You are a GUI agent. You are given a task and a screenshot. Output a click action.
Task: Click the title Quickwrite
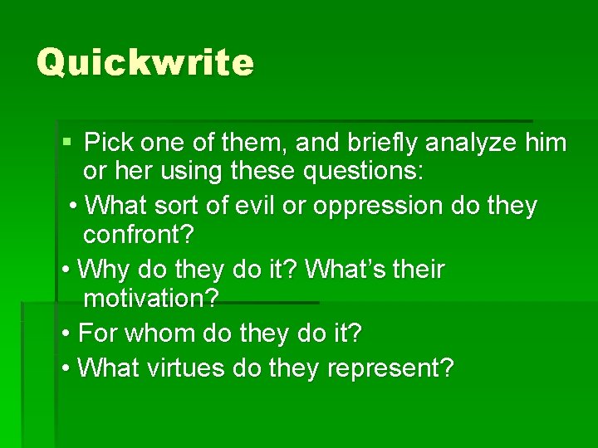(145, 62)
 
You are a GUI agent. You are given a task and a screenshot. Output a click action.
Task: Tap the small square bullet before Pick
(67, 142)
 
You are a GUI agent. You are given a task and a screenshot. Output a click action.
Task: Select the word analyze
(471, 143)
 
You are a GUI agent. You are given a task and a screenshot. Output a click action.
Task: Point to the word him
(546, 143)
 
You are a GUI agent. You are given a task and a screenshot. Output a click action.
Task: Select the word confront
(138, 235)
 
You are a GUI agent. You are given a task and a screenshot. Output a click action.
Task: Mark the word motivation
(150, 299)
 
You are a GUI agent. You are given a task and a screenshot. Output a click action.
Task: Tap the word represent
(390, 367)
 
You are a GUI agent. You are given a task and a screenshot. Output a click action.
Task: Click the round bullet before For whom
(66, 334)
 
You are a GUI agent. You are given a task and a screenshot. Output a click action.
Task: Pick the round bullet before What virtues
(66, 368)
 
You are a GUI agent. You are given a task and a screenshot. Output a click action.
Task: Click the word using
(193, 173)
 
